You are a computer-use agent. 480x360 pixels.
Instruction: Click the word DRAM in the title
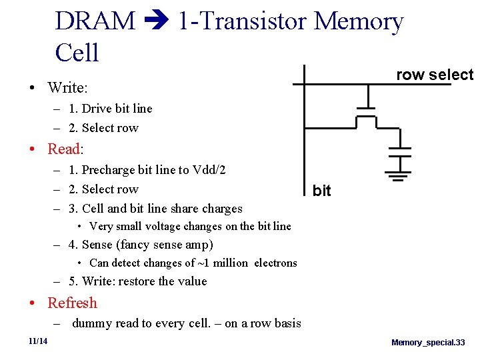point(95,21)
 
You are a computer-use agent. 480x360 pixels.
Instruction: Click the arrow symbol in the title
point(156,23)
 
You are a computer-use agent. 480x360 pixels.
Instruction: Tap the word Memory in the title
point(359,21)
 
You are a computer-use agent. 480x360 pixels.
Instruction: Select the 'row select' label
point(434,75)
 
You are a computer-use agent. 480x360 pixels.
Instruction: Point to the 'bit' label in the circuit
point(321,191)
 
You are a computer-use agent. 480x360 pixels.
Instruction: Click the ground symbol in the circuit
point(399,177)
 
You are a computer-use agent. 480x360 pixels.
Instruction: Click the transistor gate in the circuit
point(365,108)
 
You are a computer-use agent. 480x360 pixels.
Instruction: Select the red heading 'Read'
point(63,148)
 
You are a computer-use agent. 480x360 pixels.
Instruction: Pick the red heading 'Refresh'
point(72,303)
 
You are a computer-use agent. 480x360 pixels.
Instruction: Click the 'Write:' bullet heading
point(68,87)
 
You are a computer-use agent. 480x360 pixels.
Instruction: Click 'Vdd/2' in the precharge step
point(209,170)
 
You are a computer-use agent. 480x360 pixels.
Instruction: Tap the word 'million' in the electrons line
point(231,263)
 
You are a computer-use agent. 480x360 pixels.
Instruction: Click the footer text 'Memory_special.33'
point(428,342)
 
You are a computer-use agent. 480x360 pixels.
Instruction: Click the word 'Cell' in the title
point(77,52)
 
